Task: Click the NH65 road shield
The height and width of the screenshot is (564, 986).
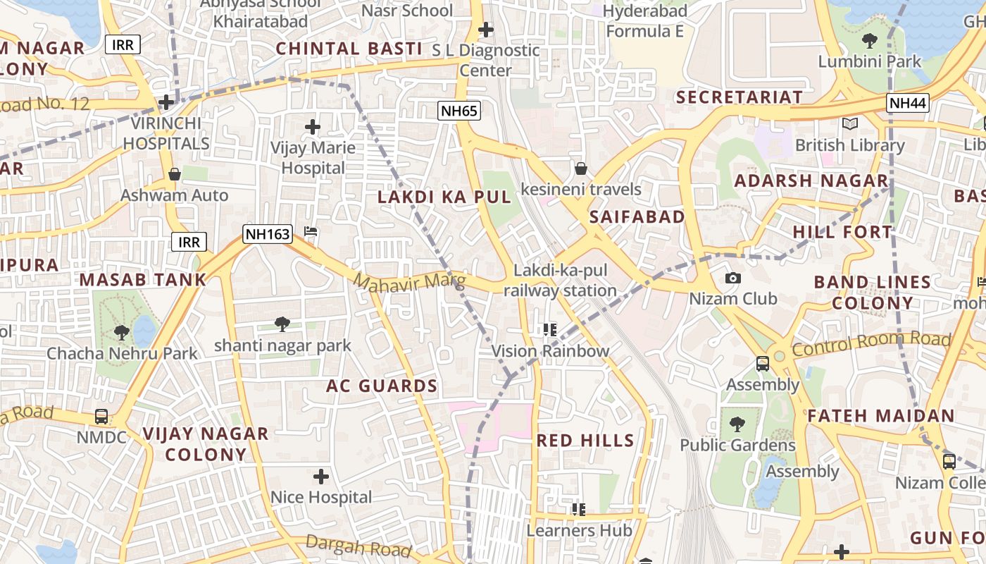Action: click(458, 111)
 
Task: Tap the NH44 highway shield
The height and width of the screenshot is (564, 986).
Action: click(907, 104)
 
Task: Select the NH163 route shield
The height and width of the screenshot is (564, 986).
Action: click(268, 235)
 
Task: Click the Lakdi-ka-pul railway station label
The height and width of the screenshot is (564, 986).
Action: click(560, 281)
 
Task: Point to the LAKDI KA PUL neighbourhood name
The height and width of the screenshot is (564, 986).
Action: click(444, 197)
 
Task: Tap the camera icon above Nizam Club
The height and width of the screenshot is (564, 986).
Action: click(732, 278)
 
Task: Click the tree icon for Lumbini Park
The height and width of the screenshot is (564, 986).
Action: click(870, 41)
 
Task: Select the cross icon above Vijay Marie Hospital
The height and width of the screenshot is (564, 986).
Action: click(313, 128)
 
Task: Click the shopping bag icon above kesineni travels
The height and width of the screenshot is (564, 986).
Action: click(581, 168)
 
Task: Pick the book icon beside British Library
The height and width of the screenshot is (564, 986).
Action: click(850, 124)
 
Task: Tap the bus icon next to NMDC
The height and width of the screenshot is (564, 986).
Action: click(101, 417)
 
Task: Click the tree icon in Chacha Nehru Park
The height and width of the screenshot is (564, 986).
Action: click(121, 332)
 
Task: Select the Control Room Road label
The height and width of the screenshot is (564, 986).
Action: click(871, 343)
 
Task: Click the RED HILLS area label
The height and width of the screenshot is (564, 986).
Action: click(585, 441)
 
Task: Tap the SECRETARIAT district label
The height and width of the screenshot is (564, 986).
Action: click(739, 97)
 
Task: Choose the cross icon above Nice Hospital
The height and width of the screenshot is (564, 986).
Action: click(321, 477)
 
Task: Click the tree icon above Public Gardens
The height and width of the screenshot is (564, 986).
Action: click(737, 424)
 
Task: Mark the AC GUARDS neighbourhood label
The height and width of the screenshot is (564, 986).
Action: click(382, 386)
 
